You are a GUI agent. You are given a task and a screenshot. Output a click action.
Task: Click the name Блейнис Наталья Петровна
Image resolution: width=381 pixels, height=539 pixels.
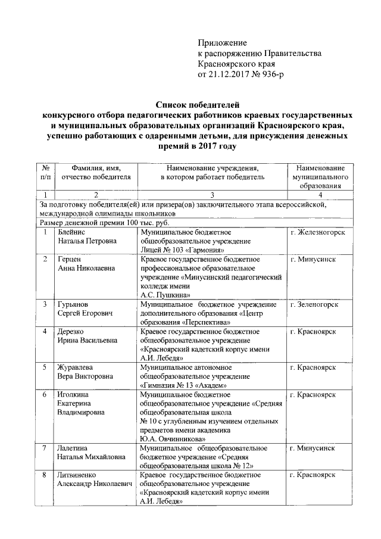tap(87, 236)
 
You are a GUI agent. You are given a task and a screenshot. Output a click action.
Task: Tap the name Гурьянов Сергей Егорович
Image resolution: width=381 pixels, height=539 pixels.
tap(86, 309)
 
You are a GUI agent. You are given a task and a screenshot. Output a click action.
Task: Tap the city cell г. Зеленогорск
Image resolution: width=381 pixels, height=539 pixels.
tap(314, 304)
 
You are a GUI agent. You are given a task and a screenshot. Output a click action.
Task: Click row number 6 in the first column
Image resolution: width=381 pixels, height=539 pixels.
tap(45, 395)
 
